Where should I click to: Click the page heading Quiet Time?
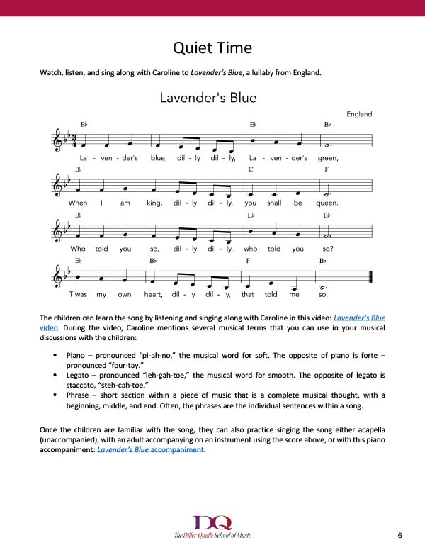[x=212, y=48]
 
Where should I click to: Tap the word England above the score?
[x=359, y=114]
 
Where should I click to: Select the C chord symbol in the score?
[x=251, y=169]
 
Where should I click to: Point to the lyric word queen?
[x=327, y=203]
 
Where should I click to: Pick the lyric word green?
[x=329, y=158]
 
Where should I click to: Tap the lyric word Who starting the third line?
[x=78, y=249]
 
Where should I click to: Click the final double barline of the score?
[x=370, y=277]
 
